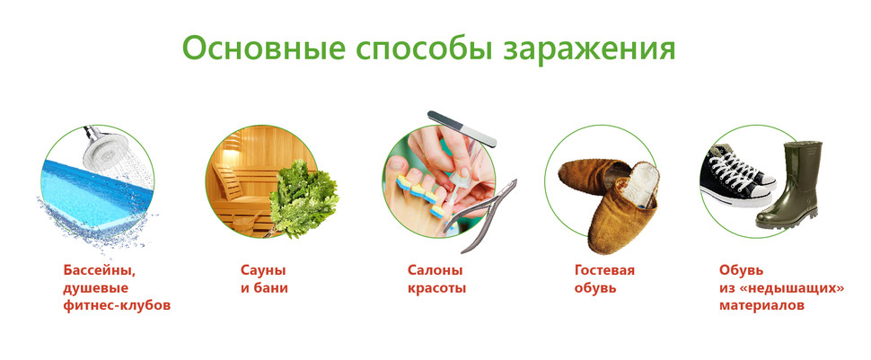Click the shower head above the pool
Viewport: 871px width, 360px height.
(102, 146)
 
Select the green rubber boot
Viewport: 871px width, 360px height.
(788, 185)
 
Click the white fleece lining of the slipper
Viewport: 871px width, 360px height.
(638, 184)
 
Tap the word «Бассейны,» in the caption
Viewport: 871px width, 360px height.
(100, 271)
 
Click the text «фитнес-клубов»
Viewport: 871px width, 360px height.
(117, 305)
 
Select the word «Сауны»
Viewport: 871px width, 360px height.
(263, 270)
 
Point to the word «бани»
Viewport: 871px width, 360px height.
(271, 288)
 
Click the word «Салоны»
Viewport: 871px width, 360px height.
(435, 270)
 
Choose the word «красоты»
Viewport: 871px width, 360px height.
(436, 289)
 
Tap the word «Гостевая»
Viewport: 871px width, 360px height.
(604, 270)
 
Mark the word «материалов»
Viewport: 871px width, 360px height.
(761, 306)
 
